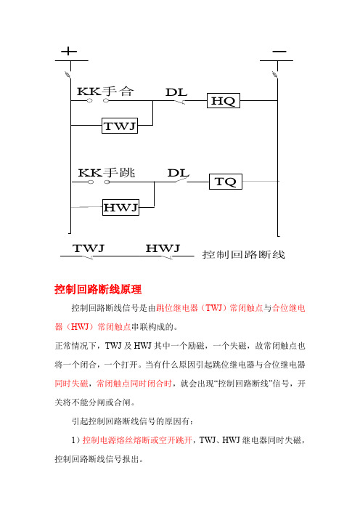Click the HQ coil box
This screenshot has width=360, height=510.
click(224, 101)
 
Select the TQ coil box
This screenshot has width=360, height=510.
click(226, 182)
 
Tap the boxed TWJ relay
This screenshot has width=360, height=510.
click(120, 126)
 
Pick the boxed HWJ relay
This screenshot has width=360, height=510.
click(121, 207)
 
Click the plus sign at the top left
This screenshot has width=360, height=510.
click(69, 52)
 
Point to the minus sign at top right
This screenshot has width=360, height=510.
click(279, 52)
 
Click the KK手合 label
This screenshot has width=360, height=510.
click(105, 91)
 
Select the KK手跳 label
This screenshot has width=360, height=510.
click(107, 172)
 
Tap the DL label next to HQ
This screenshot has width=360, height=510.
click(176, 92)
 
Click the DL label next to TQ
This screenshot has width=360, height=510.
click(178, 173)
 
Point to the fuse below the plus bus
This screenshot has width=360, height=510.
click(68, 75)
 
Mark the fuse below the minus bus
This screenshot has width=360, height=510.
click(275, 75)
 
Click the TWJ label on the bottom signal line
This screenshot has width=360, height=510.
click(89, 248)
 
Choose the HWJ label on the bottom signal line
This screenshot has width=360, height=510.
click(163, 248)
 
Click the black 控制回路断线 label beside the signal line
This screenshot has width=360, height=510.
click(244, 254)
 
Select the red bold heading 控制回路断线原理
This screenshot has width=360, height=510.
click(98, 289)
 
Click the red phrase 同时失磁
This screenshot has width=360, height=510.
click(71, 384)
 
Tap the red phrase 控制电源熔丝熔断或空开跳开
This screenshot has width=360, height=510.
click(137, 440)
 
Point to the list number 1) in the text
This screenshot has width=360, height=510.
click(75, 440)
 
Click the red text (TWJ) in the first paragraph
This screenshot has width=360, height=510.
click(213, 308)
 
